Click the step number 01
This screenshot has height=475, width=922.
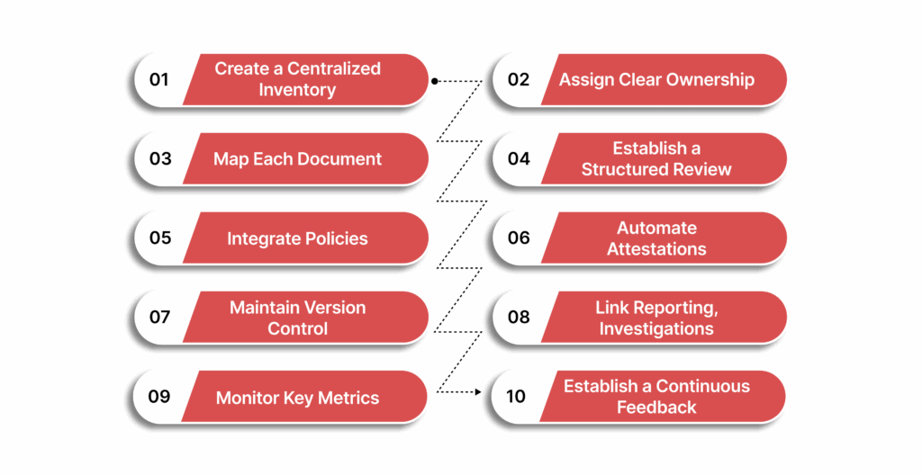click(159, 80)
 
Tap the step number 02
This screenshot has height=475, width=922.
click(519, 80)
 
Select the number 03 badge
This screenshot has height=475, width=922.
click(160, 159)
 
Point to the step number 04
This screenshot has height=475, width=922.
click(519, 159)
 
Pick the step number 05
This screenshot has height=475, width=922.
click(160, 238)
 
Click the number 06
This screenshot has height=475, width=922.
click(519, 238)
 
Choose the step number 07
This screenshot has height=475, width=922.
click(159, 318)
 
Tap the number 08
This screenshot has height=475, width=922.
click(519, 318)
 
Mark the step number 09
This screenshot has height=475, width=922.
click(159, 397)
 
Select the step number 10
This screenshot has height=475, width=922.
click(516, 397)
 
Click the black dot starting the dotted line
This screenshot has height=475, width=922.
click(434, 80)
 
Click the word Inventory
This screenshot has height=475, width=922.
click(297, 90)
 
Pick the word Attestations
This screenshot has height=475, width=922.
click(656, 249)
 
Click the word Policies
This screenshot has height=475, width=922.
click(332, 238)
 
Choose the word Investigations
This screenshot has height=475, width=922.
click(656, 328)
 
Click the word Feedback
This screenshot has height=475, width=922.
click(656, 408)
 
